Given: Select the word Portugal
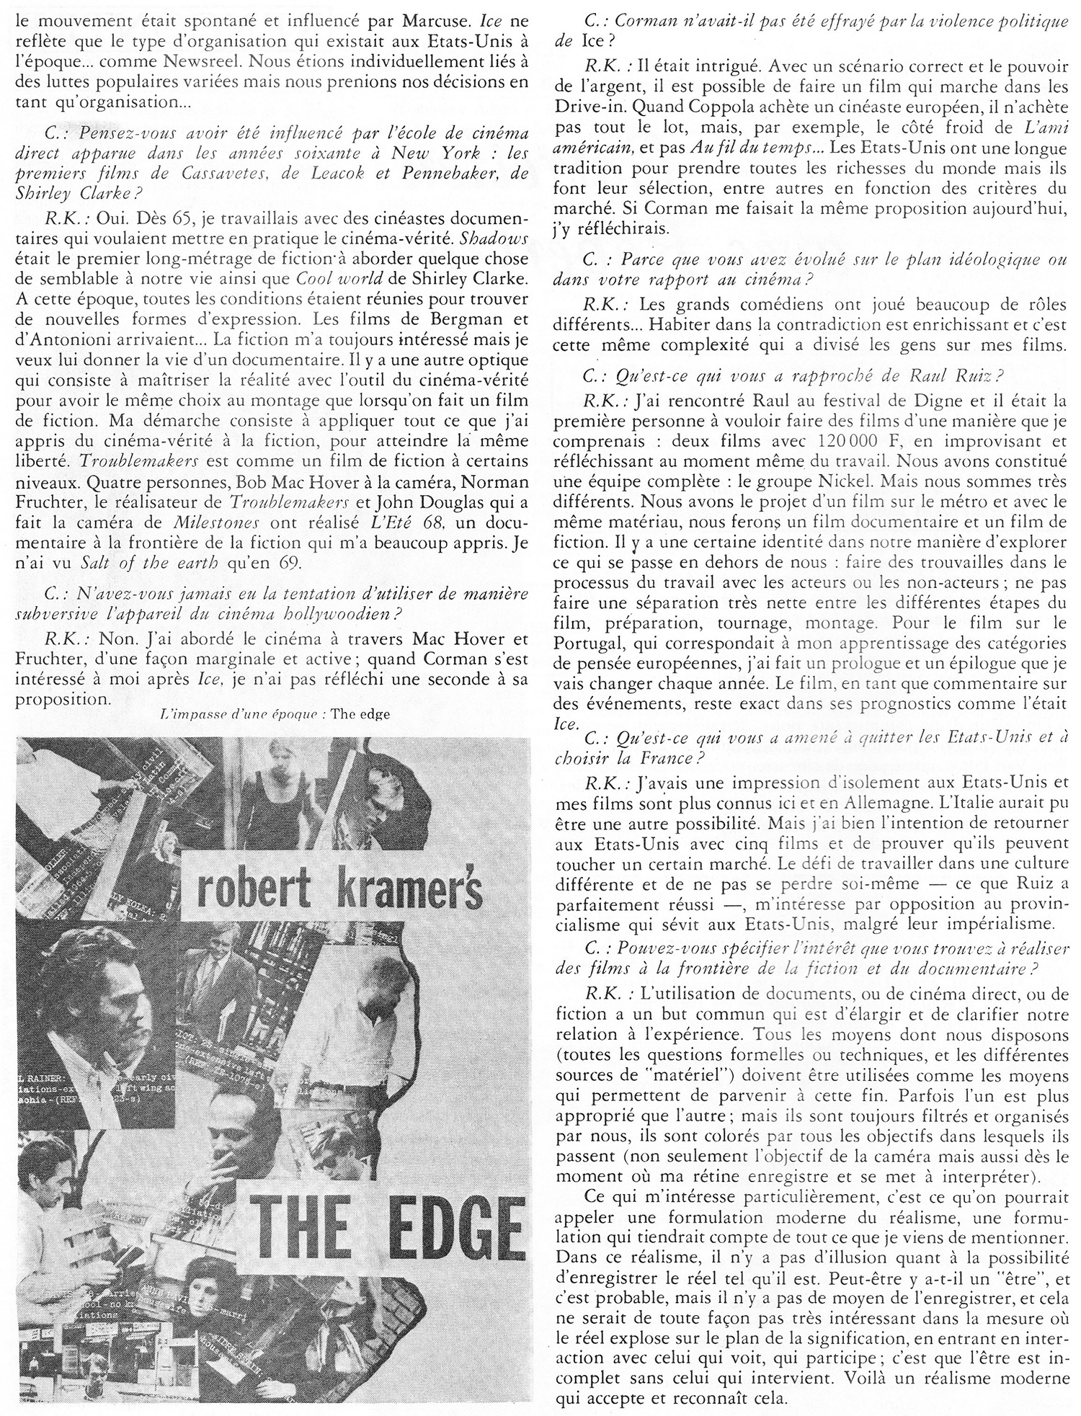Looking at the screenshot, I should (585, 643).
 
